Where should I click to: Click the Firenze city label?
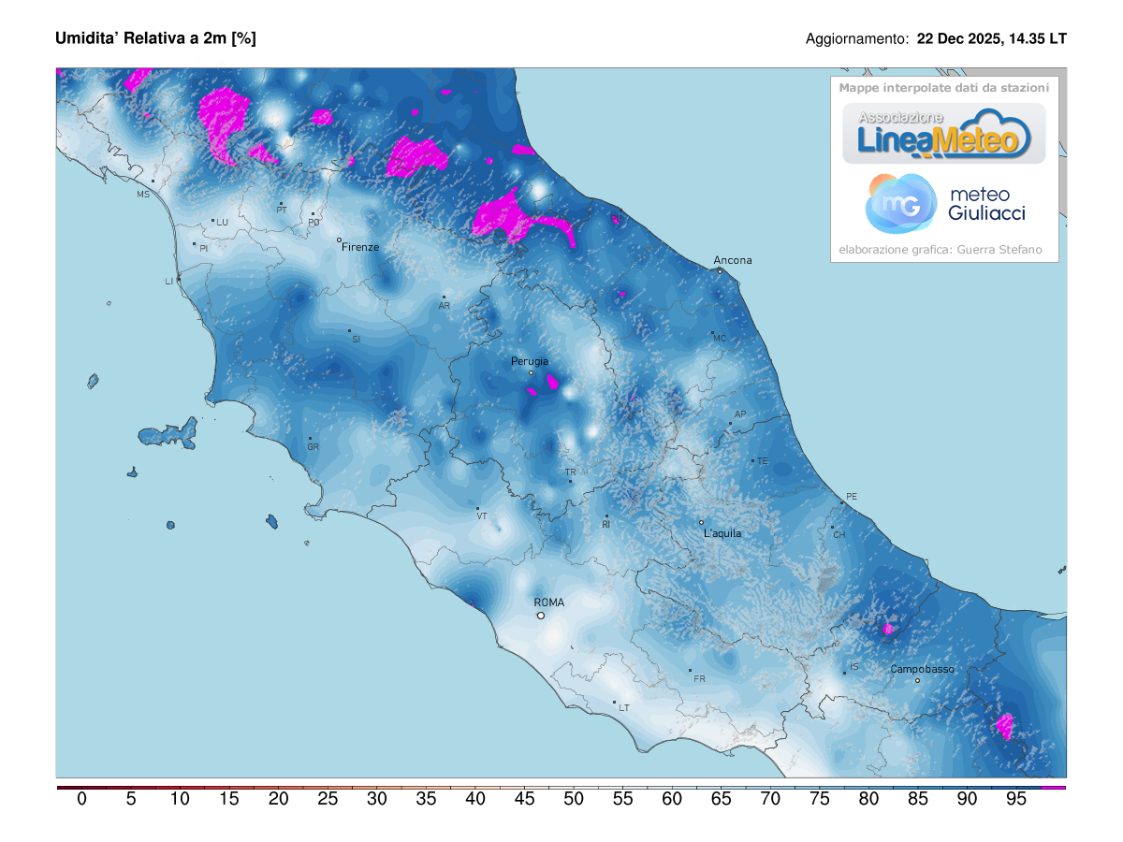(x=360, y=247)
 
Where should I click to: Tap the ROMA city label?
(x=548, y=602)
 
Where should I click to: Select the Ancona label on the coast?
(x=732, y=260)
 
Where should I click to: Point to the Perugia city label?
(x=529, y=361)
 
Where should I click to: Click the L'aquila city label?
(x=722, y=533)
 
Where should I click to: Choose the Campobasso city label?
(x=922, y=669)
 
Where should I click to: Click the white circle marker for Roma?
(x=540, y=616)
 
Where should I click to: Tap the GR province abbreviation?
(x=313, y=447)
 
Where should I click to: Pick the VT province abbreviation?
(x=482, y=515)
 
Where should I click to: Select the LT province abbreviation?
(x=623, y=708)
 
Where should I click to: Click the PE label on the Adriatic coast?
(x=851, y=496)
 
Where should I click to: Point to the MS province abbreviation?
(x=143, y=195)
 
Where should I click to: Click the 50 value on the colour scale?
(x=574, y=799)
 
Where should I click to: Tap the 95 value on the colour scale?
(x=1016, y=799)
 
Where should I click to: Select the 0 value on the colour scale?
(x=81, y=799)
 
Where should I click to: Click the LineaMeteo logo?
(x=943, y=134)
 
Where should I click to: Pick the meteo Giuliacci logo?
(x=945, y=204)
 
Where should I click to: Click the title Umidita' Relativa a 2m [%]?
(x=155, y=38)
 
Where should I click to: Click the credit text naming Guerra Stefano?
(x=940, y=250)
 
